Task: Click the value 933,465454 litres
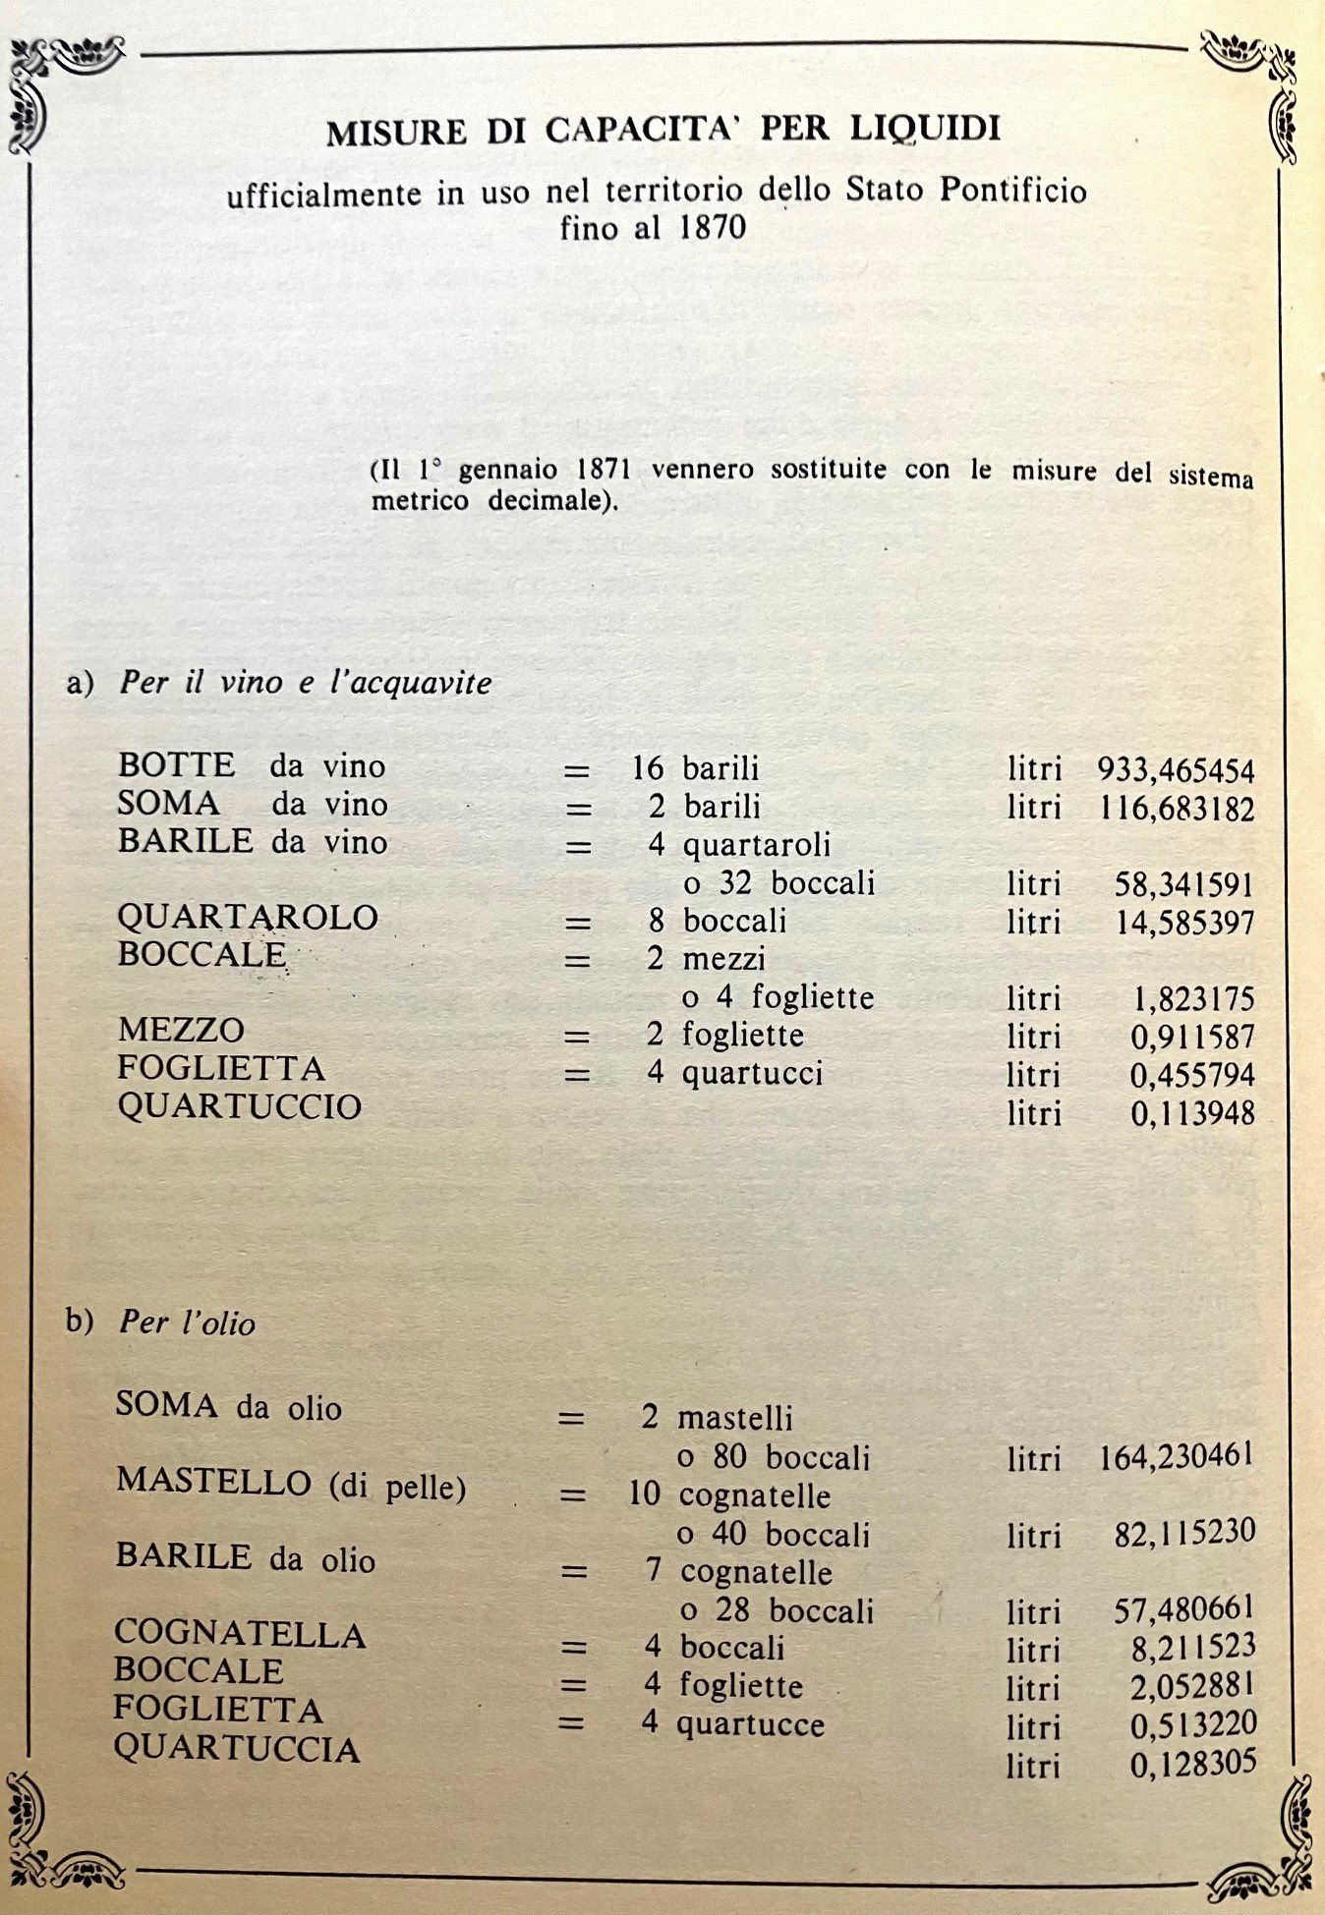pyautogui.click(x=1176, y=770)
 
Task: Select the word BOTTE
pyautogui.click(x=176, y=764)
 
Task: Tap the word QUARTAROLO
pyautogui.click(x=248, y=917)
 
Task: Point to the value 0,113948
pyautogui.click(x=1192, y=1113)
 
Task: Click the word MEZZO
pyautogui.click(x=181, y=1030)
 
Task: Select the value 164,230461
pyautogui.click(x=1177, y=1456)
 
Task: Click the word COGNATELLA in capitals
pyautogui.click(x=240, y=1633)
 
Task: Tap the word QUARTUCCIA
pyautogui.click(x=237, y=1749)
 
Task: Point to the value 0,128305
pyautogui.click(x=1192, y=1765)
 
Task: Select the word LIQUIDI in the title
pyautogui.click(x=925, y=129)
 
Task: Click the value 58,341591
pyautogui.click(x=1183, y=884)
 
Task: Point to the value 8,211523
pyautogui.click(x=1192, y=1647)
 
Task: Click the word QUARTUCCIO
pyautogui.click(x=240, y=1106)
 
